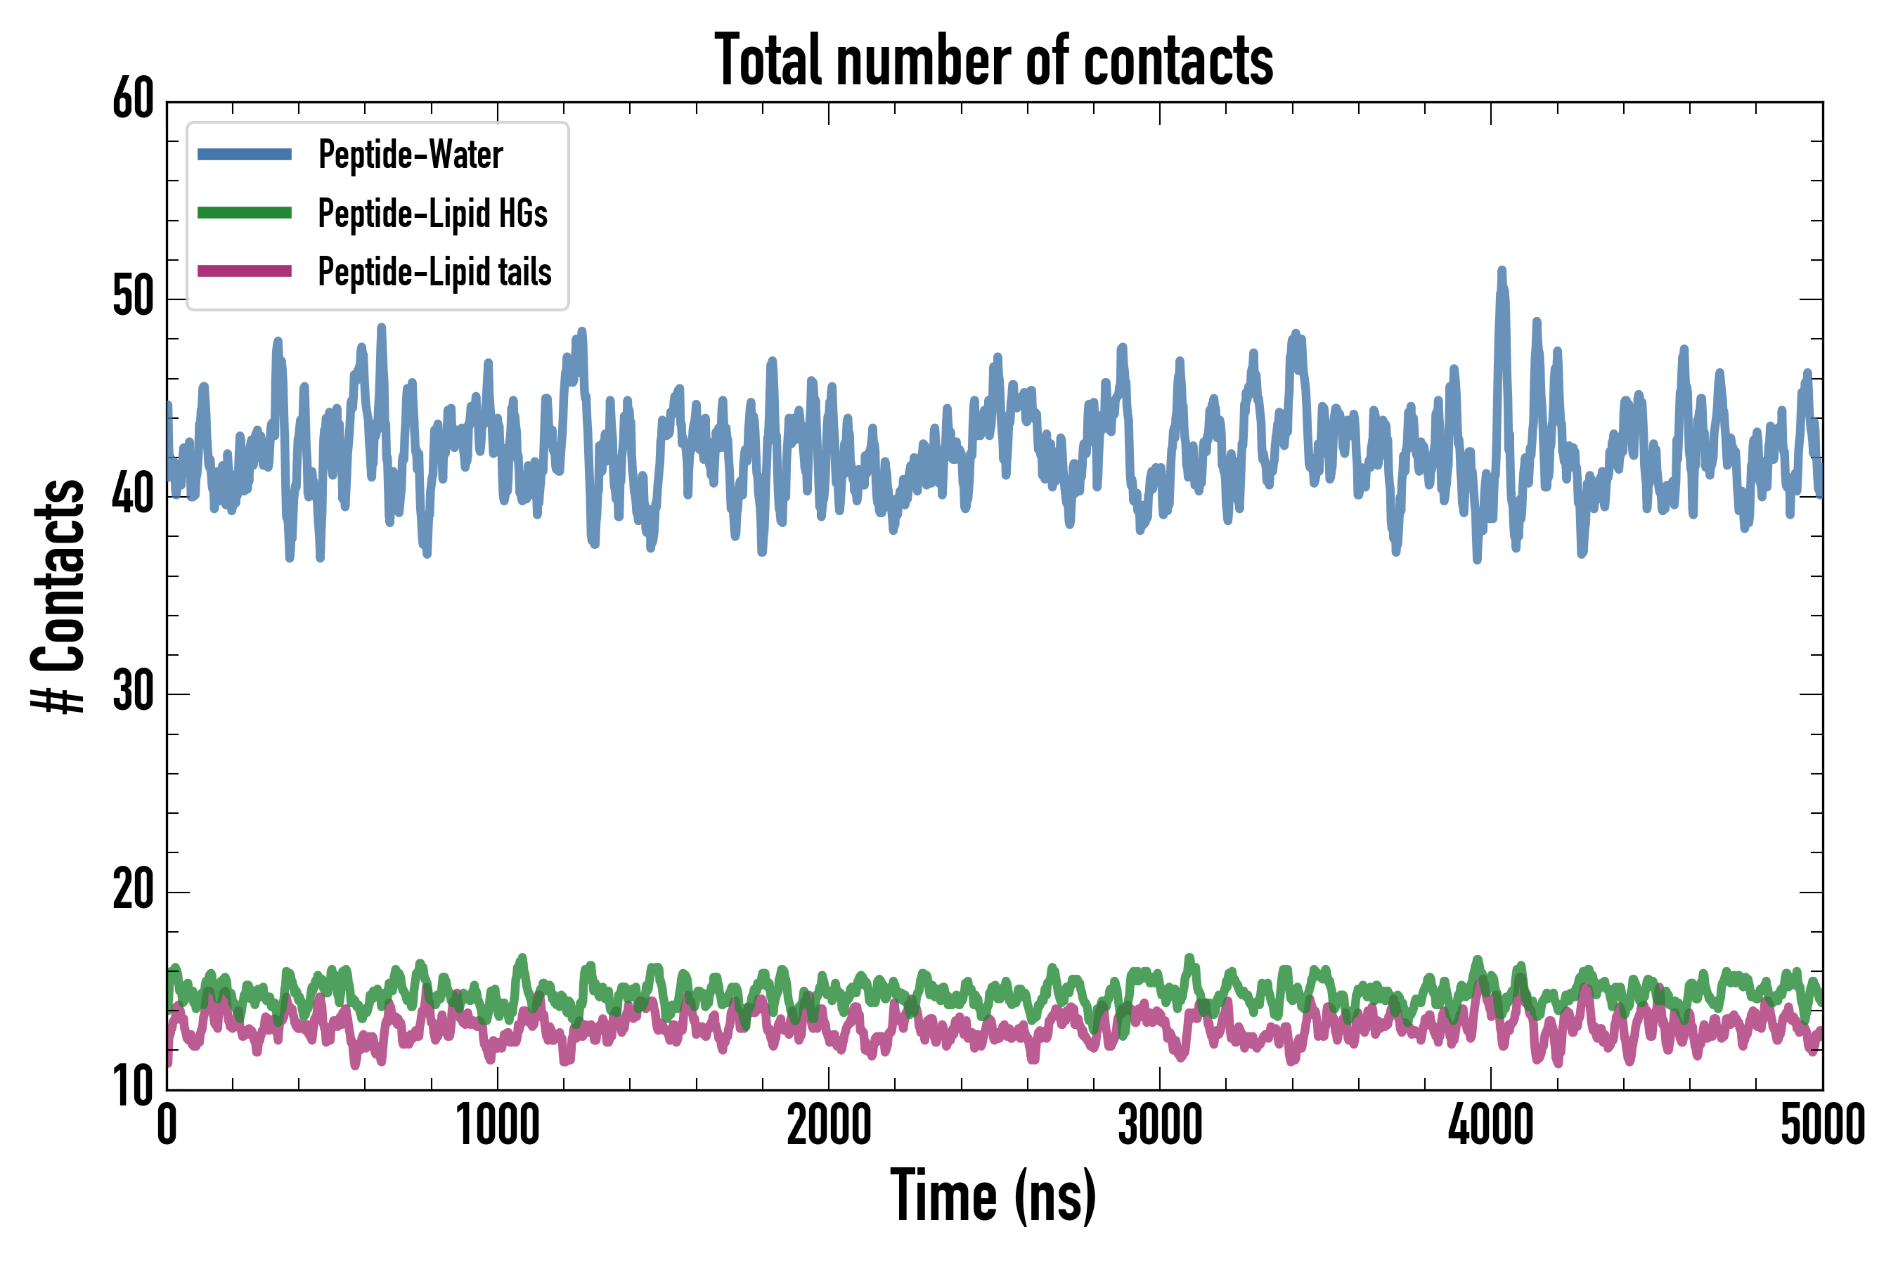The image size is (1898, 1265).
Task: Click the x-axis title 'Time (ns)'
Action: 993,1195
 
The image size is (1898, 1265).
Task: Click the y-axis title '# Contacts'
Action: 58,596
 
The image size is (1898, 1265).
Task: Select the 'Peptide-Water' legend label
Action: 410,154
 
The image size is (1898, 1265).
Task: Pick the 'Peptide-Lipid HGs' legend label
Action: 432,213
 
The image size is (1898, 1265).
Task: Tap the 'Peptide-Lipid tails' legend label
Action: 434,271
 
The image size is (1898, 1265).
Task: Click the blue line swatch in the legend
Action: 245,154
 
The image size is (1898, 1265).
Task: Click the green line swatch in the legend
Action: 245,213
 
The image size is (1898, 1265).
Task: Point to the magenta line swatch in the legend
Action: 245,271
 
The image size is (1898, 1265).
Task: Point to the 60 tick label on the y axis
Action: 133,100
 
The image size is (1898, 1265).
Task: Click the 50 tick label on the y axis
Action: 133,298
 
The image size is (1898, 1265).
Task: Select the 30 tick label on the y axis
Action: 133,693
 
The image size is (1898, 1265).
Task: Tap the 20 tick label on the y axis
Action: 133,890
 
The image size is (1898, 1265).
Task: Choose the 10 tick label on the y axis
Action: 133,1087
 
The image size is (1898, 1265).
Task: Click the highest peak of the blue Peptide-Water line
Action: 1502,271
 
